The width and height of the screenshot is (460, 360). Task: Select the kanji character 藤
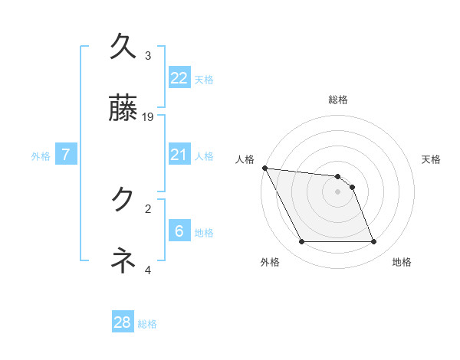coord(123,110)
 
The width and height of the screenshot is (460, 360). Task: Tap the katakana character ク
coord(123,200)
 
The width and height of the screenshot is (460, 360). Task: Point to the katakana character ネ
coord(123,261)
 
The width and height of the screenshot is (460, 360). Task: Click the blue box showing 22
coord(179,77)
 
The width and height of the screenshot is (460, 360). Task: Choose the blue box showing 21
coord(179,155)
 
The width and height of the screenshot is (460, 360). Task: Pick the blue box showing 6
coord(179,231)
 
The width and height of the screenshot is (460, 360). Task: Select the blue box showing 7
coord(66,155)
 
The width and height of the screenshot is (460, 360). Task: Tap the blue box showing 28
coord(123,322)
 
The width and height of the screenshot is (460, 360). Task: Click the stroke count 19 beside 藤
coord(149,117)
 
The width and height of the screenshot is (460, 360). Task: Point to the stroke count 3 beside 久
coord(148,56)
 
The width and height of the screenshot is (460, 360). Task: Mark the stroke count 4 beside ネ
coord(148,270)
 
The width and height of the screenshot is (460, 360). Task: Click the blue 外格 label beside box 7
coord(41,156)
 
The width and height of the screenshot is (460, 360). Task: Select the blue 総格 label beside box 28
coord(147,324)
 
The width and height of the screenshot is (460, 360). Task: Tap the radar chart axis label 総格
coord(337,100)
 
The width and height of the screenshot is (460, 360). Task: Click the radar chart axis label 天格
coord(432,159)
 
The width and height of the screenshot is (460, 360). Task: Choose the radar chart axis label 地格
coord(402,263)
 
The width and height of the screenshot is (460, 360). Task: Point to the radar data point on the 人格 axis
coord(264,168)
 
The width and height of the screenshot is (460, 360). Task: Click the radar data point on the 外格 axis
coord(301,242)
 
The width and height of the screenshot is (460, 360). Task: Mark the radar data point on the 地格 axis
coord(373,242)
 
